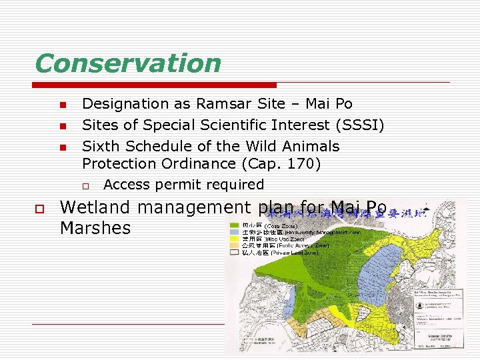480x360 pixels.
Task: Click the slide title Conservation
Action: click(x=127, y=63)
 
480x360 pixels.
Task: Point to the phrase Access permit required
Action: click(x=184, y=185)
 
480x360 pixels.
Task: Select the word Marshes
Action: click(x=95, y=228)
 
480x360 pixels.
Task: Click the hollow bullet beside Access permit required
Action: click(x=85, y=185)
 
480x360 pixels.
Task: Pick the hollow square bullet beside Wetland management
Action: click(x=40, y=209)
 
